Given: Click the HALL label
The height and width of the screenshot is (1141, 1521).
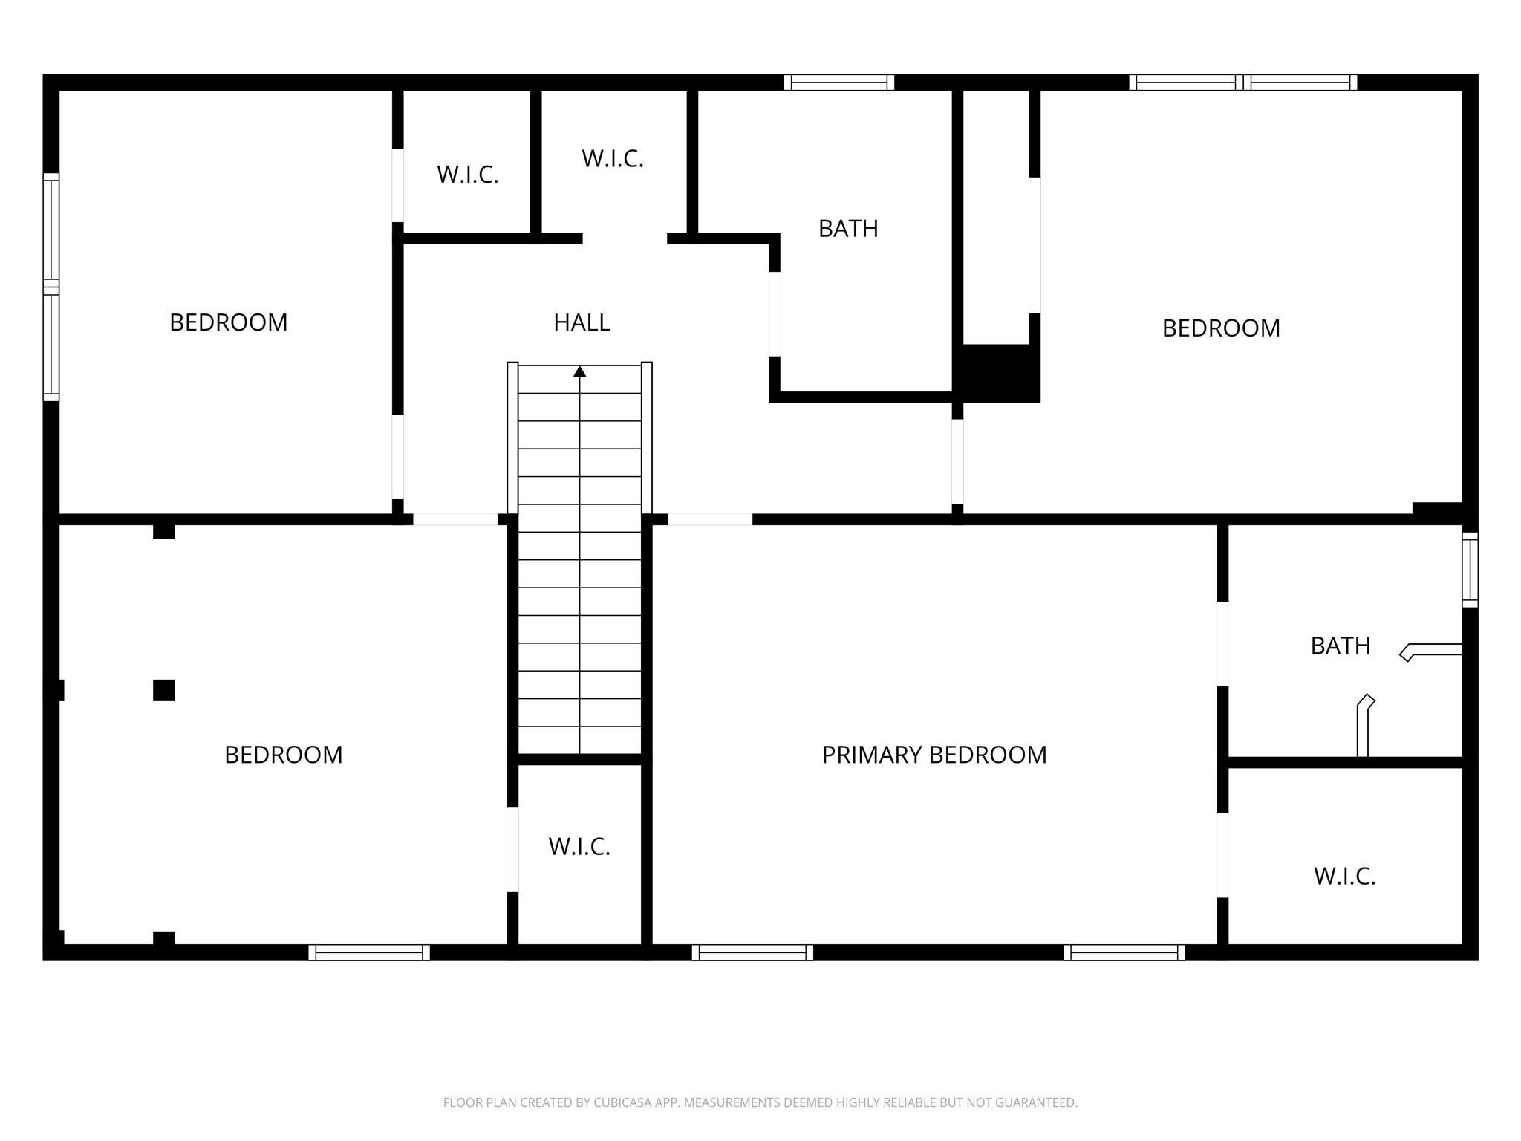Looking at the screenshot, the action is click(x=582, y=322).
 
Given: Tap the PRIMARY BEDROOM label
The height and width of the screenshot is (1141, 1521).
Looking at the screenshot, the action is click(x=934, y=755).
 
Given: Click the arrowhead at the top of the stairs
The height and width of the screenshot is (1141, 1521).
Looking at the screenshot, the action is click(x=579, y=371).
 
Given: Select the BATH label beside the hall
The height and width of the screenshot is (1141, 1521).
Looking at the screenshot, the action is click(x=848, y=229).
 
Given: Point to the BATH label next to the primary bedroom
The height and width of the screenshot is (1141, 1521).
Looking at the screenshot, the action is click(x=1341, y=646).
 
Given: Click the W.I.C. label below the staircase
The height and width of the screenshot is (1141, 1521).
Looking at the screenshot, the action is click(x=579, y=847).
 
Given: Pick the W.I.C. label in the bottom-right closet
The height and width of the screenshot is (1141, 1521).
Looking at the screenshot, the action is click(x=1344, y=877).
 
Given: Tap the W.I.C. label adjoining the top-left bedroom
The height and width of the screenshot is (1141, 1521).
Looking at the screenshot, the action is click(x=467, y=175).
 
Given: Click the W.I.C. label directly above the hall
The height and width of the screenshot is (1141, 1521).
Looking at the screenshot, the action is click(x=612, y=158).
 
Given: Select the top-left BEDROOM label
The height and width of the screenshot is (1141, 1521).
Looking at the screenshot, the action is click(x=229, y=322).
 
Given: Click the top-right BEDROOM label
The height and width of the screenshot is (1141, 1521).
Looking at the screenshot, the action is click(x=1221, y=328).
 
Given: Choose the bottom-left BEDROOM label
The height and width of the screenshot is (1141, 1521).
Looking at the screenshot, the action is click(x=284, y=755).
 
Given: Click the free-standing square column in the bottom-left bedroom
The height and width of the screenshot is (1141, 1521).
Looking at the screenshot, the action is click(x=163, y=690).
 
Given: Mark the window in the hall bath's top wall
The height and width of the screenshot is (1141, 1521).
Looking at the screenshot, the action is click(x=839, y=82).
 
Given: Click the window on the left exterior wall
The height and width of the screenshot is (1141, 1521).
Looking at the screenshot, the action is click(x=51, y=287).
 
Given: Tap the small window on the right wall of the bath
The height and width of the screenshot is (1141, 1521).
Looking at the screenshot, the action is click(x=1470, y=569).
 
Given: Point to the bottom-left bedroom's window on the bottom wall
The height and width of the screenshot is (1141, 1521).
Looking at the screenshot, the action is click(x=369, y=952).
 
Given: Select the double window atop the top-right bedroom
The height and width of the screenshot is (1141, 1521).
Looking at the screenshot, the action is click(x=1243, y=82).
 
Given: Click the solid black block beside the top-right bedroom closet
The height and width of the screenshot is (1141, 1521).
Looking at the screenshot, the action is click(x=1000, y=373).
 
